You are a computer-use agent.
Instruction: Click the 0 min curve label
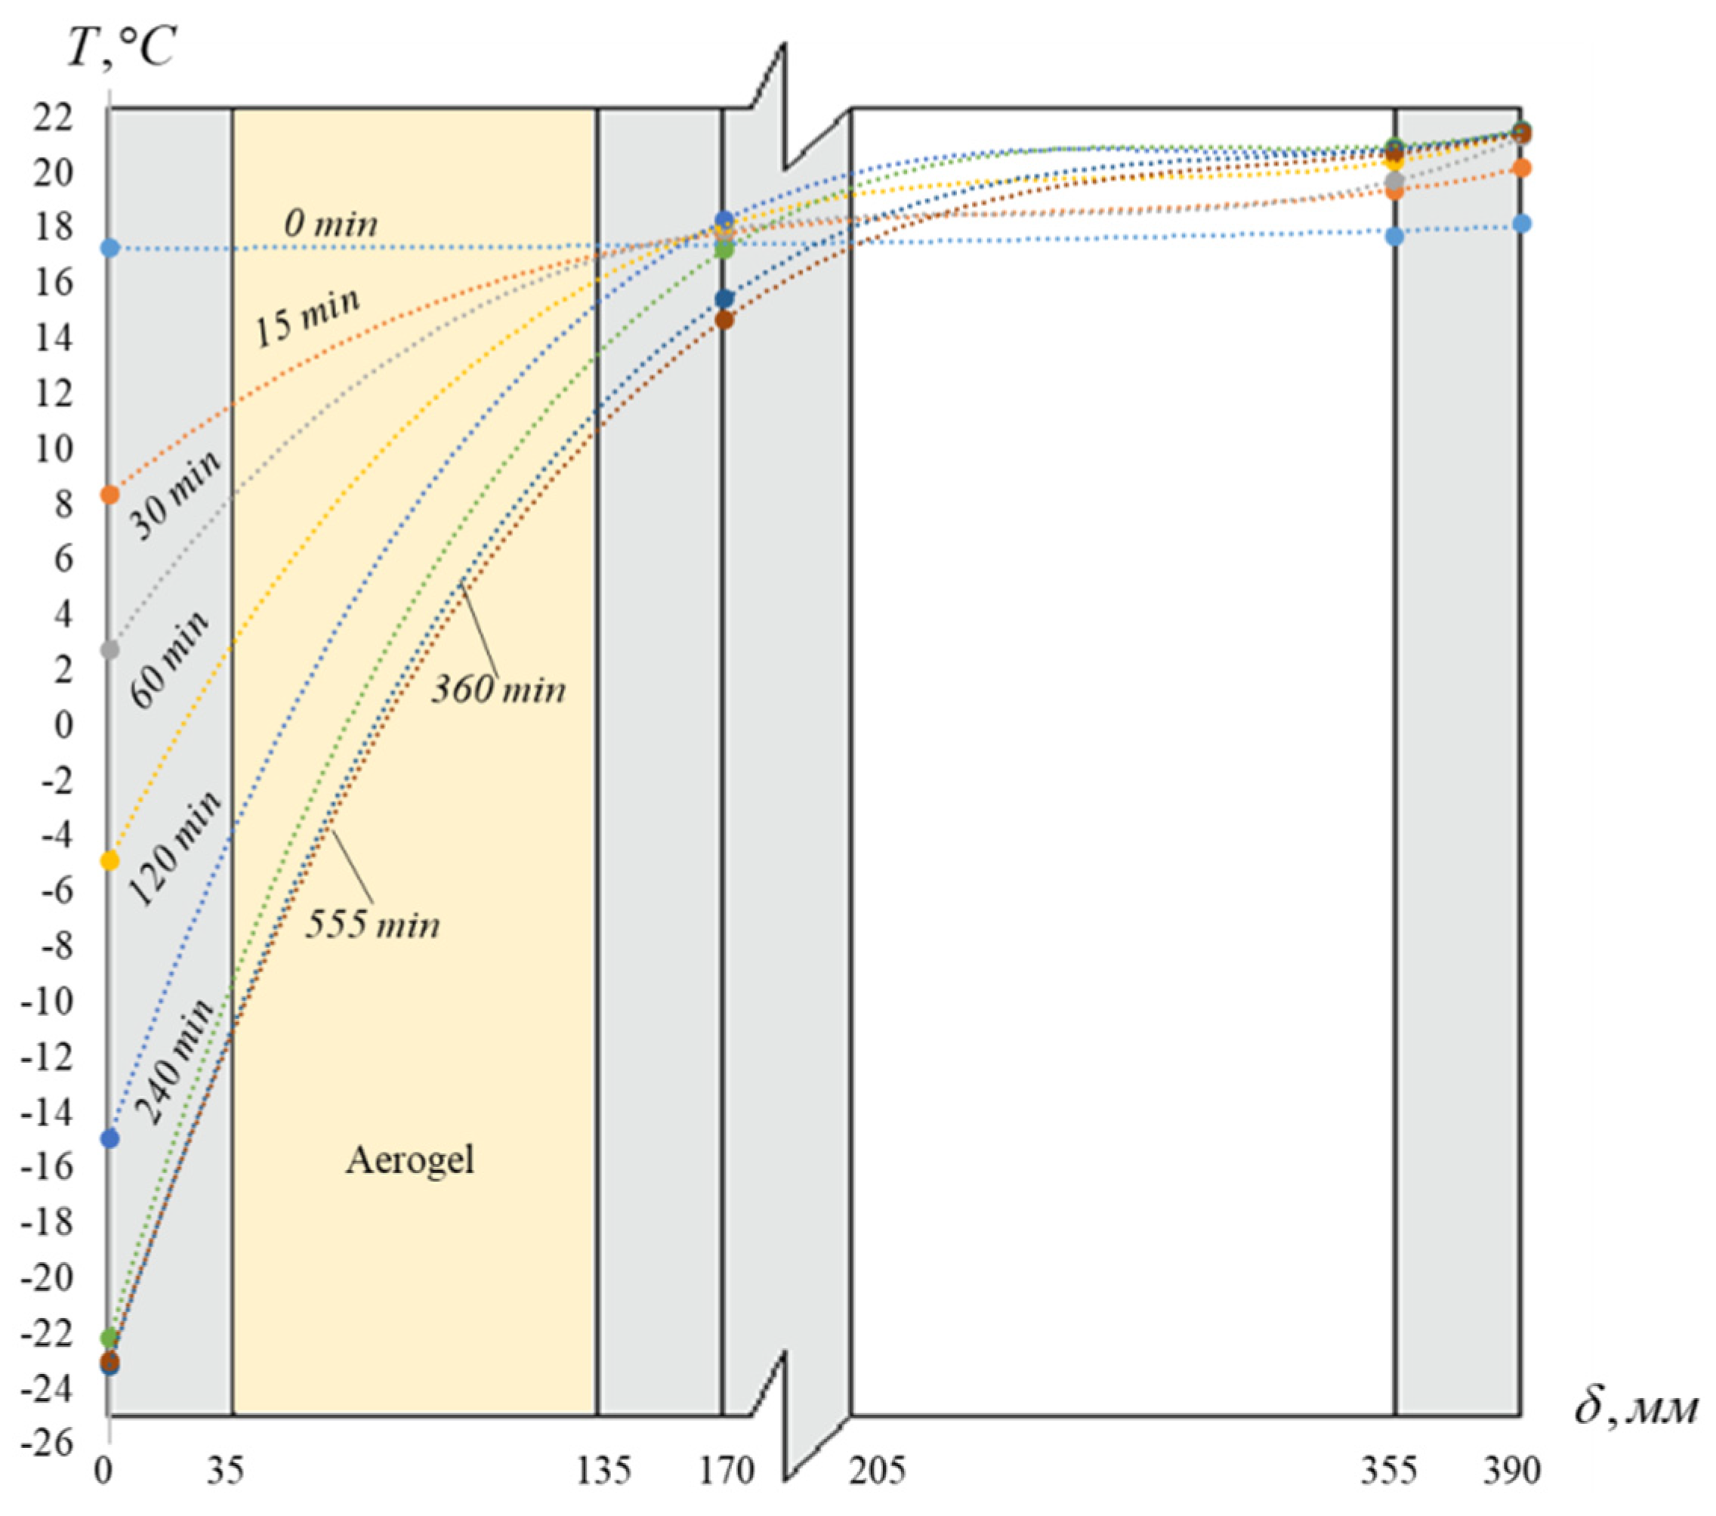click(331, 224)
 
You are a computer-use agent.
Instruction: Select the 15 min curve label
click(307, 317)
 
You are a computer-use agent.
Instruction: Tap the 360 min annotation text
click(498, 690)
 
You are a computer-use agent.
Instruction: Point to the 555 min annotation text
click(372, 925)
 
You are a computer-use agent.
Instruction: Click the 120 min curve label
click(174, 849)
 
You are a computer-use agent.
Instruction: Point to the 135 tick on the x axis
click(603, 1471)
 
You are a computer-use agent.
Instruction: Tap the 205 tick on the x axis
click(878, 1471)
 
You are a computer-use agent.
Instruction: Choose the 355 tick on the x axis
click(1390, 1471)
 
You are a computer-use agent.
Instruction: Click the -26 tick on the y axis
click(53, 1443)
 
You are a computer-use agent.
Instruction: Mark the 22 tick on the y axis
click(53, 119)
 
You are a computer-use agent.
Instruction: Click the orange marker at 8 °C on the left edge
click(110, 495)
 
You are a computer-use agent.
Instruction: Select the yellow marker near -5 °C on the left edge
click(110, 860)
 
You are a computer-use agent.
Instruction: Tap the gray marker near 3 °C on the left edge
click(110, 650)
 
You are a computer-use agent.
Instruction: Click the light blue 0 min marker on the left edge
click(110, 248)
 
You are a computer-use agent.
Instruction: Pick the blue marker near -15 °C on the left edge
click(110, 1139)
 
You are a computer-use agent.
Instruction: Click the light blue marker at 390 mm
click(1521, 224)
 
